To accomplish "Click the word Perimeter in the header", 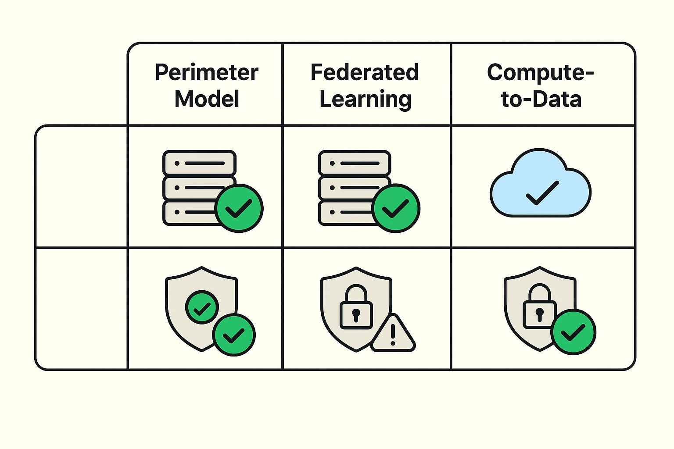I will coord(207,73).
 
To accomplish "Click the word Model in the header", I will coord(207,99).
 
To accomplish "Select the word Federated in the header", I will coord(365,73).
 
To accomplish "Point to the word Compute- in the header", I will coord(540,73).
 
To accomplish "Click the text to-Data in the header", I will coord(541,100).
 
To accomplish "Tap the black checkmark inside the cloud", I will coord(542,193).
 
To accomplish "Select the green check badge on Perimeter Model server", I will coord(239,208).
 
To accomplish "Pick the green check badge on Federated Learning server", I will coord(396,208).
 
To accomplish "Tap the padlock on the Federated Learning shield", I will coord(356,307).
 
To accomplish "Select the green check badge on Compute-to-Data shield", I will coord(573,332).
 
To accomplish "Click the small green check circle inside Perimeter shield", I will coord(202,307).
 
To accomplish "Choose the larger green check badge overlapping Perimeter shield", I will coord(234,335).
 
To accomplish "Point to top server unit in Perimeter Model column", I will coord(199,163).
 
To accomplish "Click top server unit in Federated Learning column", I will coord(355,163).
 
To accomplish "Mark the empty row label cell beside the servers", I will coord(82,187).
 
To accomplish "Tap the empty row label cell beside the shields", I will coord(82,309).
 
